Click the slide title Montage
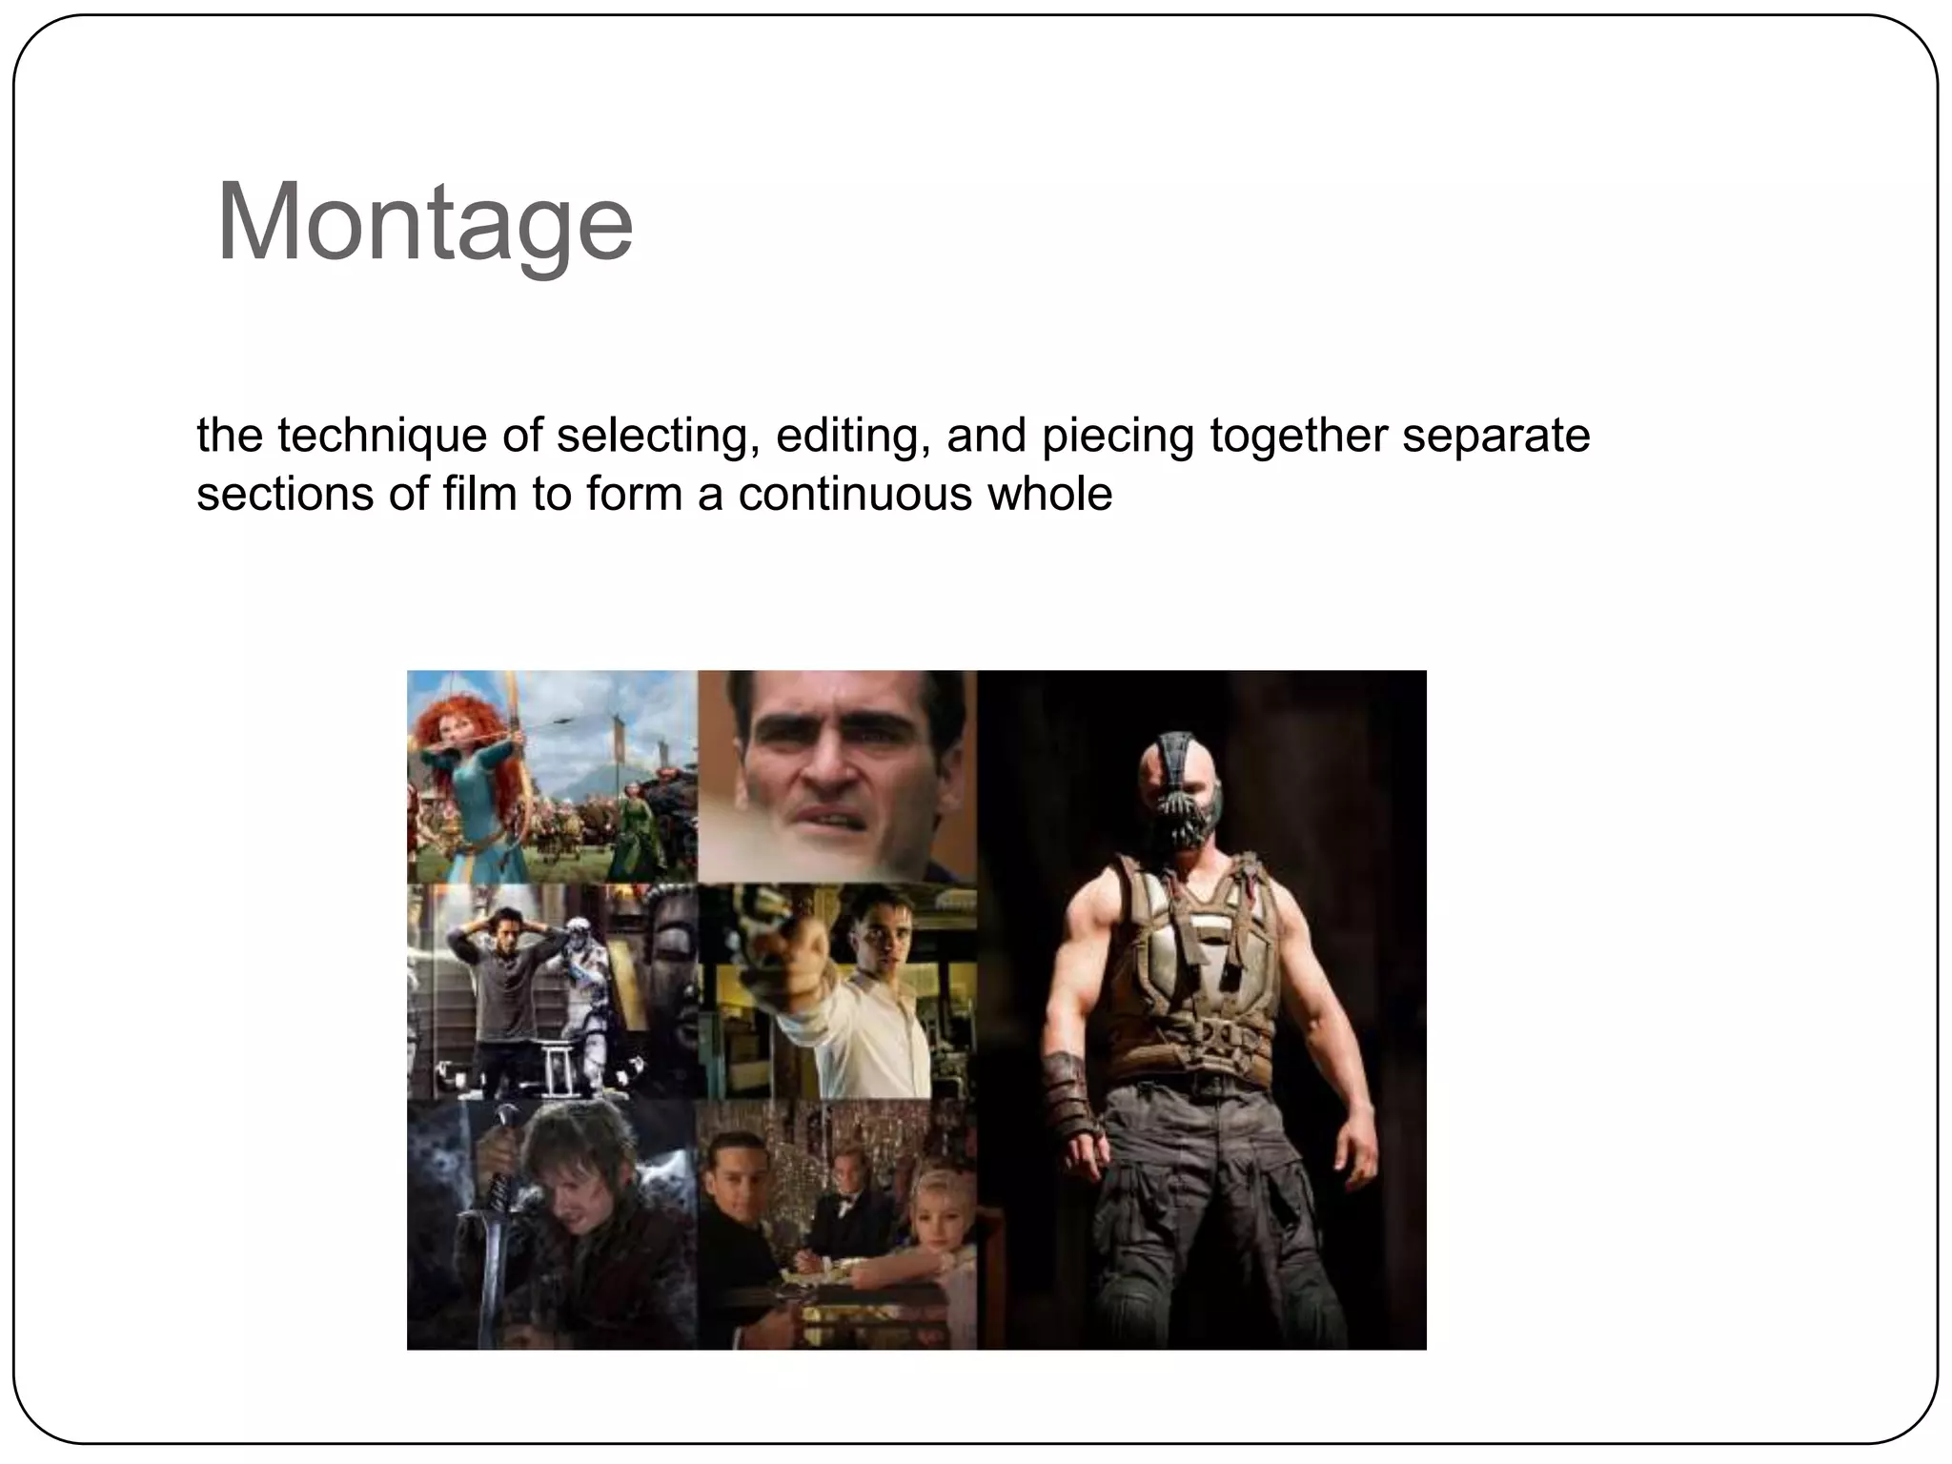pyautogui.click(x=425, y=224)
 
